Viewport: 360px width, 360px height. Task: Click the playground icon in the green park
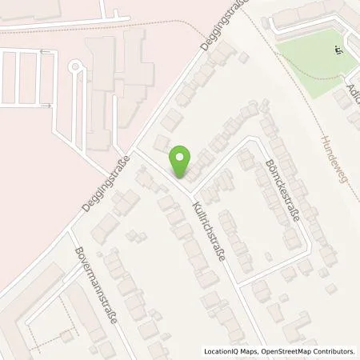(338, 50)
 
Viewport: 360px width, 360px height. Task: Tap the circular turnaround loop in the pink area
(78, 68)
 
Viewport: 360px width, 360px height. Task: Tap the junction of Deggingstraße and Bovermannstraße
(67, 226)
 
